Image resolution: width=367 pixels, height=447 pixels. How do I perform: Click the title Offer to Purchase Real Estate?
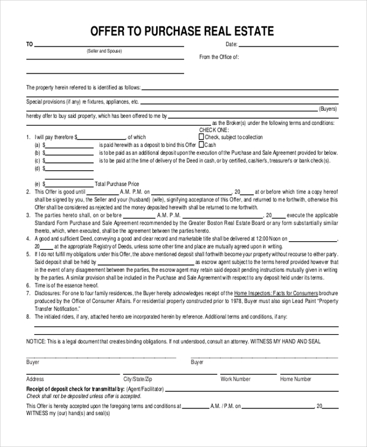tap(182, 31)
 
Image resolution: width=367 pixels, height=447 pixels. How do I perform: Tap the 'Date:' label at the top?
tap(231, 45)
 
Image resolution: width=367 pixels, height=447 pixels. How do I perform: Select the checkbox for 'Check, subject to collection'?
tap(202, 137)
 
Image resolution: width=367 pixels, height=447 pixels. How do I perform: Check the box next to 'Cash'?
tap(202, 145)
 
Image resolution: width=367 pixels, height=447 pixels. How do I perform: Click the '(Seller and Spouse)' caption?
tap(104, 51)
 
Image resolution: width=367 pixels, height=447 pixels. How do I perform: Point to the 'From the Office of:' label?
tap(219, 57)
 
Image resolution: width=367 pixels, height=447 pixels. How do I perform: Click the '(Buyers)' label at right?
tap(328, 108)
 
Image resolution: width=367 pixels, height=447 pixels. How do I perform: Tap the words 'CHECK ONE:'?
tap(213, 130)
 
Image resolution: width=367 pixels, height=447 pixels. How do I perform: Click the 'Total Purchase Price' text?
tap(117, 184)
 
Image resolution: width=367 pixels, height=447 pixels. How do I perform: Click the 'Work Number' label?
tap(235, 379)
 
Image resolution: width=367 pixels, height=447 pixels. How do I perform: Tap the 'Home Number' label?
tap(295, 379)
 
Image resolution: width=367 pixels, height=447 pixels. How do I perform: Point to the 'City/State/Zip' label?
tap(138, 379)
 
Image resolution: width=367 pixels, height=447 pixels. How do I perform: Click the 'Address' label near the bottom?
tap(35, 379)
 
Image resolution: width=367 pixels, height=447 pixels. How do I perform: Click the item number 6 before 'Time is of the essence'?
tap(28, 285)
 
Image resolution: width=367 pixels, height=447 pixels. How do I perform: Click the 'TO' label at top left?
tap(29, 45)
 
